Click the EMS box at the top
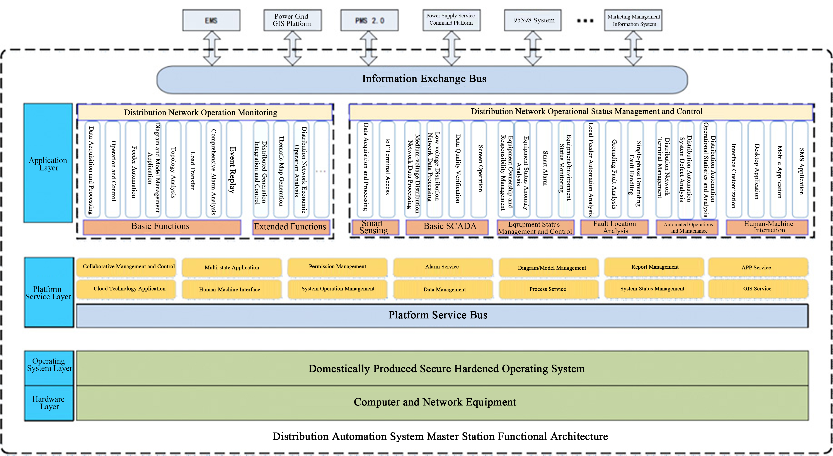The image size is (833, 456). tap(211, 20)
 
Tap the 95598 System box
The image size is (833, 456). tap(533, 20)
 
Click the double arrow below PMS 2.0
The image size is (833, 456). tap(369, 49)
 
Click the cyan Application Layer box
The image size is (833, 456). tap(48, 163)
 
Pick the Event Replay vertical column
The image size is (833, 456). tap(233, 170)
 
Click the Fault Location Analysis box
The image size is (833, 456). tap(614, 227)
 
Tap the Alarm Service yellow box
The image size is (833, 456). tap(442, 267)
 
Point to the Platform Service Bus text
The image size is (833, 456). tap(438, 315)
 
